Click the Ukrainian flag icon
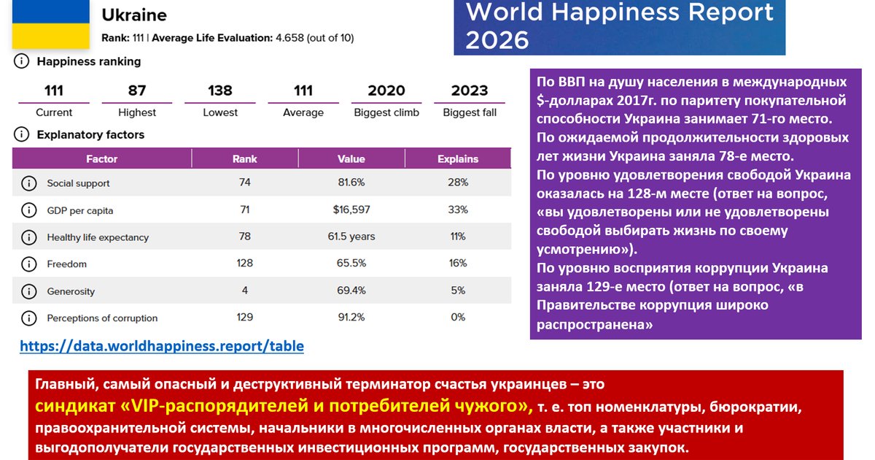point(49,23)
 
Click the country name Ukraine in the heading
point(134,15)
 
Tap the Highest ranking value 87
point(137,91)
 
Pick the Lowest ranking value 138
point(220,91)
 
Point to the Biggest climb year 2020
point(386,91)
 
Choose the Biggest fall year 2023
point(470,91)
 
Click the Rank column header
point(245,158)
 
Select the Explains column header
point(458,158)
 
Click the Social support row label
point(79,183)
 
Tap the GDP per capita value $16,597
point(351,210)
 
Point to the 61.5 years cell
point(351,237)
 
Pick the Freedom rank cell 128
point(245,264)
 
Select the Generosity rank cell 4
point(245,291)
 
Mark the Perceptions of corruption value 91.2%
point(351,318)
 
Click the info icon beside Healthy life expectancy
point(29,237)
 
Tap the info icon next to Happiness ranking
point(22,62)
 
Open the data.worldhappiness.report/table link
point(162,346)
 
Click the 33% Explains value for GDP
point(458,210)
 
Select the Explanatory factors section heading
point(90,134)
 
